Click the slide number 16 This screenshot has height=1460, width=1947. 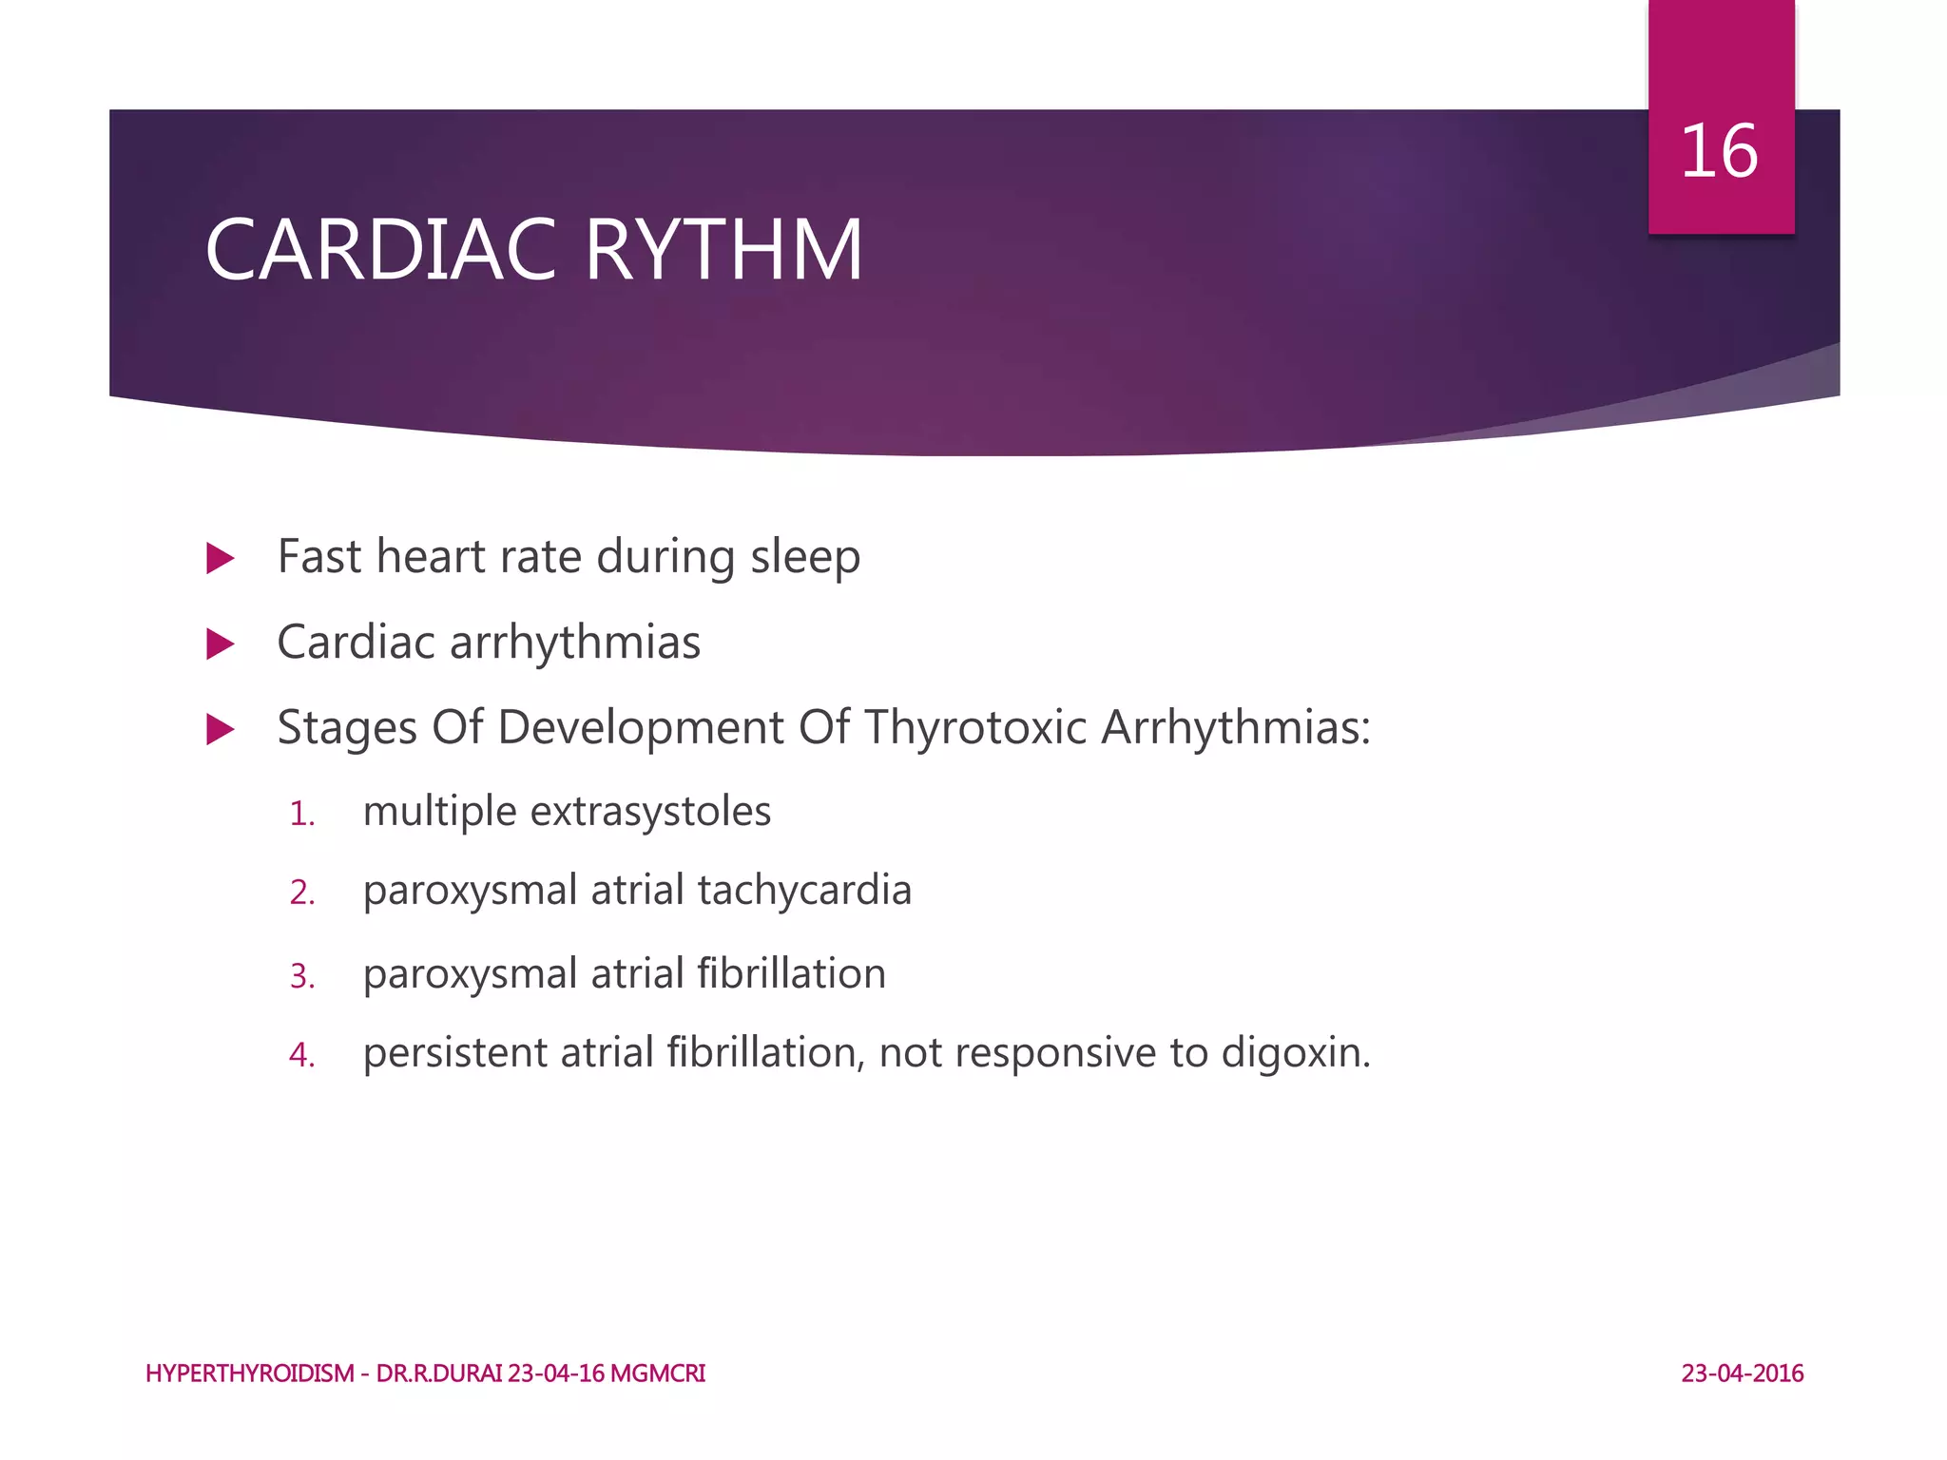coord(1719,152)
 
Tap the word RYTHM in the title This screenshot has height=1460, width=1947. coord(723,250)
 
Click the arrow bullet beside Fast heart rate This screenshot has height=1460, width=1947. coord(220,558)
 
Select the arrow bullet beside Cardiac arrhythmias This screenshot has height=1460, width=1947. coord(220,644)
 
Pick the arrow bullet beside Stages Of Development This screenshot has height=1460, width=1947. coord(220,730)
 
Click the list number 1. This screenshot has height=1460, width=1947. coord(301,815)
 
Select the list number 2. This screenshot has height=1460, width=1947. coord(301,893)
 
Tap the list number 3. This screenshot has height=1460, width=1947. coord(301,977)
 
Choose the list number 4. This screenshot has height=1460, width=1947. coord(301,1056)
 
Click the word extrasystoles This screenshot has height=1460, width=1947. coord(650,812)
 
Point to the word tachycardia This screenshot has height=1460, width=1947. coord(804,892)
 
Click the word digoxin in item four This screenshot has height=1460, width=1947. coord(1295,1053)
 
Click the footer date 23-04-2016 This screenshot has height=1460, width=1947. coord(1742,1374)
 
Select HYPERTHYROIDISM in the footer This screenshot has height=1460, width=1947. coord(249,1374)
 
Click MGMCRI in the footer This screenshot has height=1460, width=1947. coord(657,1374)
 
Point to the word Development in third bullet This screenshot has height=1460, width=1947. coord(641,728)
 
